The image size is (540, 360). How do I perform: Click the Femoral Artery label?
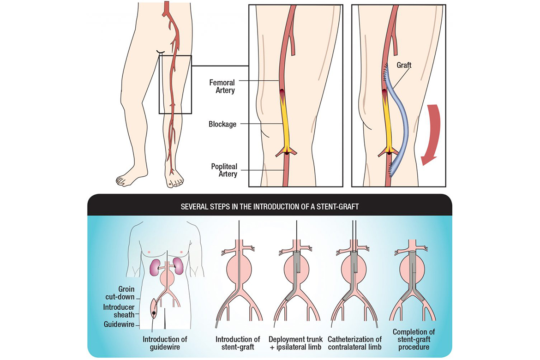[222, 86]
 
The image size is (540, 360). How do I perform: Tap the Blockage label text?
[222, 124]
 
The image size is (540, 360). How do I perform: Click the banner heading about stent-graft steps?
[270, 207]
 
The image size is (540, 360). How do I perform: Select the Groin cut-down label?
[120, 293]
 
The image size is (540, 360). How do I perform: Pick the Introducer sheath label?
[119, 311]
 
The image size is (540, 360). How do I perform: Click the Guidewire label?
[119, 324]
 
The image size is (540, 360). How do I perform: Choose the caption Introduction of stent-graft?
[238, 343]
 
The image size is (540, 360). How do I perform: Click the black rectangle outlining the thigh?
[175, 84]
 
